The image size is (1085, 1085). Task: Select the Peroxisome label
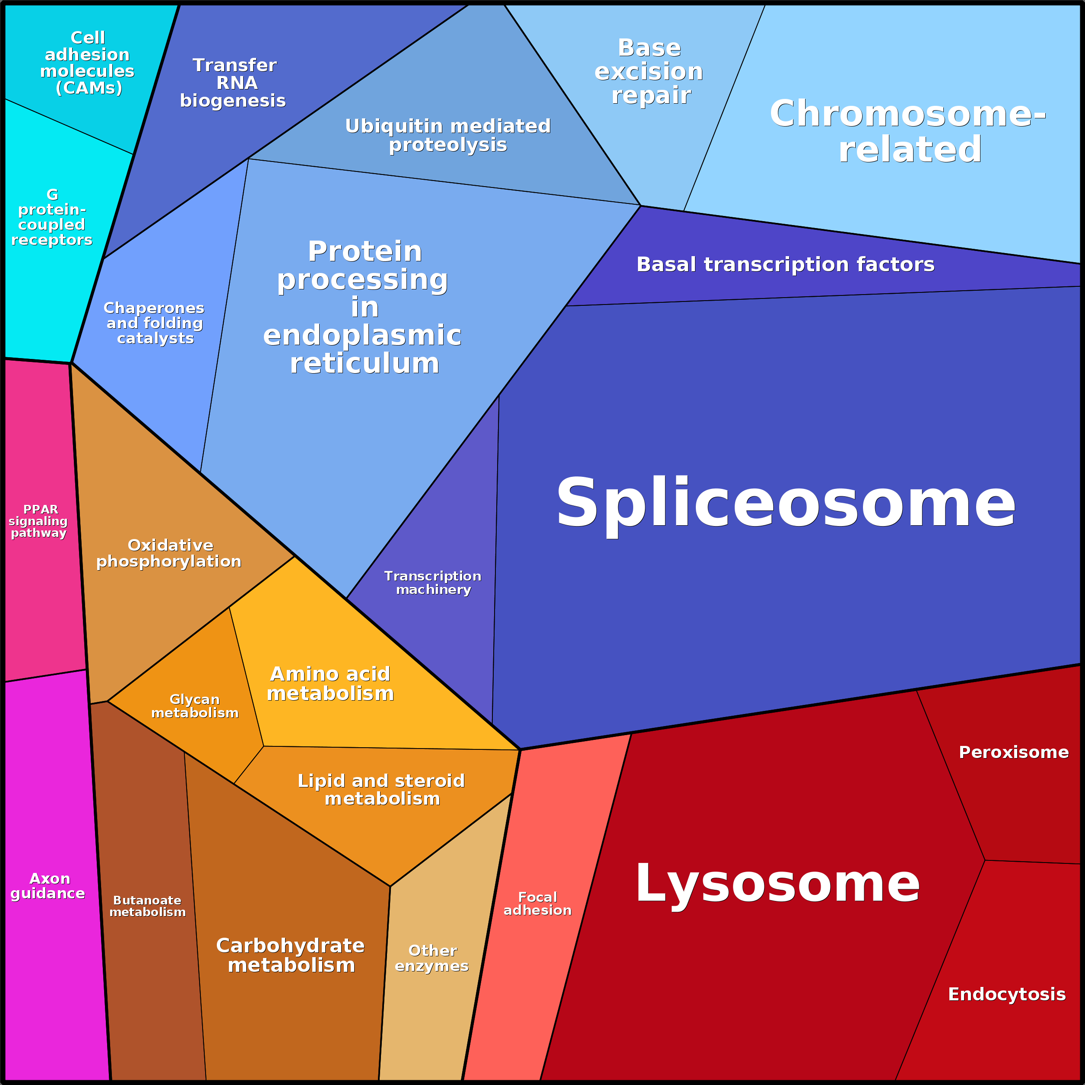coord(1013,752)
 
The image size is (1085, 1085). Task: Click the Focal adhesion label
coord(537,904)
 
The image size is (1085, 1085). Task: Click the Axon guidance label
coord(48,885)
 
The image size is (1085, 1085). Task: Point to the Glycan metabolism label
coord(195,706)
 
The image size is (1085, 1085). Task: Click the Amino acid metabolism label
coord(330,683)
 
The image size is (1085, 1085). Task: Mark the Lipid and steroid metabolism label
coord(381,789)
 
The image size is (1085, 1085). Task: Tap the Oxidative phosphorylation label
coord(169,553)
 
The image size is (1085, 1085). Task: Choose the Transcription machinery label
coord(433,582)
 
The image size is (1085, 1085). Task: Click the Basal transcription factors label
coord(785,264)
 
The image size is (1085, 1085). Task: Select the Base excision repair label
coord(649,71)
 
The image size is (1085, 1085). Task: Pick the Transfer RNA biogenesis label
coord(234,82)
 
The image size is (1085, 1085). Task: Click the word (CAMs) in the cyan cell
coord(89,88)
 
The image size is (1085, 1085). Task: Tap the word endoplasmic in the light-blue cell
coord(362,335)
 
